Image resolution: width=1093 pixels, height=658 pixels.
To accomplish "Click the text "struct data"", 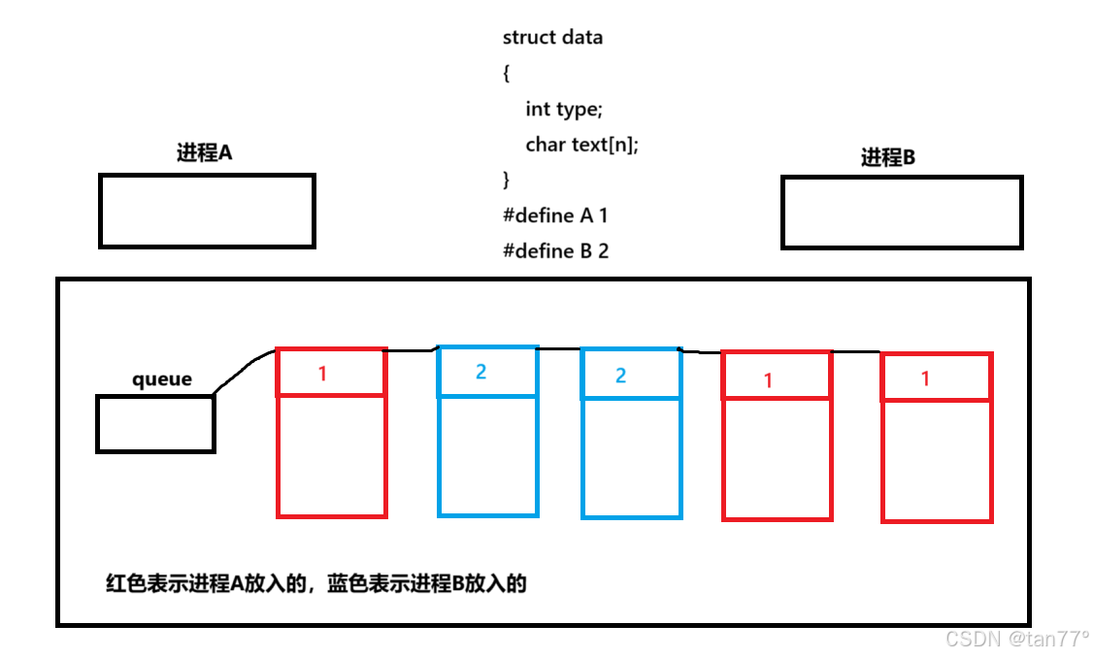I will [x=552, y=38].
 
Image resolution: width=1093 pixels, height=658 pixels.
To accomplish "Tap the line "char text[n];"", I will [x=581, y=145].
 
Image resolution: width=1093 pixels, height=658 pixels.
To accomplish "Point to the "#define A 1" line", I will [x=554, y=215].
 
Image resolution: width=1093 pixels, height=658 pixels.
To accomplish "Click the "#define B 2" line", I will [x=555, y=251].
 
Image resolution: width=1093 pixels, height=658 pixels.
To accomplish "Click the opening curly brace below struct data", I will [x=507, y=74].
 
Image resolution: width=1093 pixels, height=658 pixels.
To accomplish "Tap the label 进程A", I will [x=204, y=152].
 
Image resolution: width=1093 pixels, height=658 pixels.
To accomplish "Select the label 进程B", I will [x=887, y=157].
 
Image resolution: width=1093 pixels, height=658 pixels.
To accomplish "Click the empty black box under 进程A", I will [x=207, y=211].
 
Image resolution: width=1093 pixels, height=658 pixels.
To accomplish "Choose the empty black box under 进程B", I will [x=901, y=213].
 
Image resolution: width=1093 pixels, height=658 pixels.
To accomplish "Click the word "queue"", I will [x=162, y=379].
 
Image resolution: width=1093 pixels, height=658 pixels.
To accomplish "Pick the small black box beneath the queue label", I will [x=155, y=424].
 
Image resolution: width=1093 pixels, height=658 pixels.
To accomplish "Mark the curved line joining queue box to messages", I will [x=243, y=369].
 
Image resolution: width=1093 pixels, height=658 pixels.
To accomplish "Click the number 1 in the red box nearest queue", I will [x=323, y=373].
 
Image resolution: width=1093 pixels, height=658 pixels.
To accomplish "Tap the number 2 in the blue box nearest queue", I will [x=480, y=372].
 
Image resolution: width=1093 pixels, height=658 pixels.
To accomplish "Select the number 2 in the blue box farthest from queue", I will [x=621, y=376].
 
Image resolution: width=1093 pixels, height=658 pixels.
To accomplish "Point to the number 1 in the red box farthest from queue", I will [x=925, y=378].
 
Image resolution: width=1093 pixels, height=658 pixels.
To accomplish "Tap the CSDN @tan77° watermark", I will [x=1016, y=639].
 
